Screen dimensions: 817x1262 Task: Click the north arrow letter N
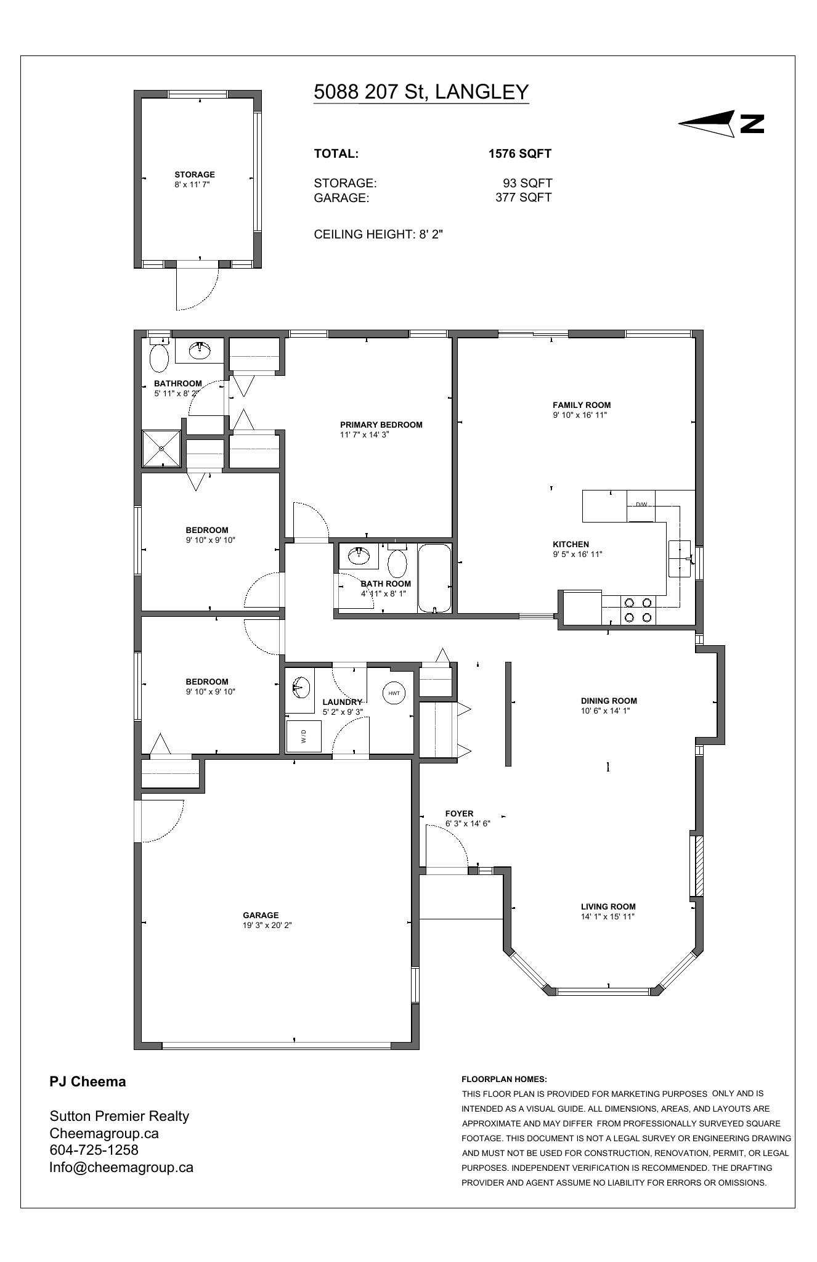[x=752, y=124]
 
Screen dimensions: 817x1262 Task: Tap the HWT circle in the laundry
[x=394, y=693]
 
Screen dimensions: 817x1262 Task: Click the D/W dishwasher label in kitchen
[x=641, y=505]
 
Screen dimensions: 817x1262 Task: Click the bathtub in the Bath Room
[x=434, y=579]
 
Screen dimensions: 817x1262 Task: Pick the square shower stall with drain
[x=161, y=449]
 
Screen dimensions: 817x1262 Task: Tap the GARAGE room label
[x=261, y=915]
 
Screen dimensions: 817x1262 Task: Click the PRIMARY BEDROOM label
[x=381, y=425]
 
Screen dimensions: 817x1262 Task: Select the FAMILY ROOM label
[x=582, y=405]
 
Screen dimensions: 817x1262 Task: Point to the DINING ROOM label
[x=609, y=701]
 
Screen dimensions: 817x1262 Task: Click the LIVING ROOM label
[x=608, y=906]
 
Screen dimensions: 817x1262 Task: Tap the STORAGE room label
[x=195, y=174]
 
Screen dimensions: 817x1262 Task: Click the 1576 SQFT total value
[x=520, y=153]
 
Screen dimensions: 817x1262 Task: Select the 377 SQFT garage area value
[x=524, y=197]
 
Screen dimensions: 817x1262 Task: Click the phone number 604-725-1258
[x=94, y=1150]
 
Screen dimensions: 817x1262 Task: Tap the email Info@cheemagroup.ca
[x=121, y=1167]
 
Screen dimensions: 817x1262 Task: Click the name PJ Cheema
[x=87, y=1081]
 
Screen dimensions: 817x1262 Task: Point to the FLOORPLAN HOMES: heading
[x=504, y=1079]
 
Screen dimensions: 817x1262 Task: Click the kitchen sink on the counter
[x=681, y=558]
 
